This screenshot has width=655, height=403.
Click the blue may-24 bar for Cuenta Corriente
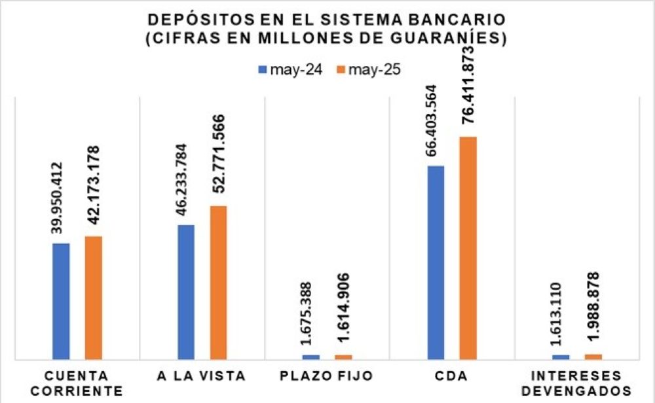(61, 301)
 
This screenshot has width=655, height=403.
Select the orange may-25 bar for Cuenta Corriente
(94, 298)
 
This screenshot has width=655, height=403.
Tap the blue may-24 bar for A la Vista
(186, 292)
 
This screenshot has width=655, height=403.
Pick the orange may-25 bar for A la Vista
(218, 282)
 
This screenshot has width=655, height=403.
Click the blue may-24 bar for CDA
(436, 262)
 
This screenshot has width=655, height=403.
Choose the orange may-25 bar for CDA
(468, 248)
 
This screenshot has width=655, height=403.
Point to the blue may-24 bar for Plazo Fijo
(311, 357)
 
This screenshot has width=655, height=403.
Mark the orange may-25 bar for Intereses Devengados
(593, 356)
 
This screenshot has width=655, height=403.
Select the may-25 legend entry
(367, 70)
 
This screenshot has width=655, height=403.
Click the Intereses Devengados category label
(578, 383)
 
